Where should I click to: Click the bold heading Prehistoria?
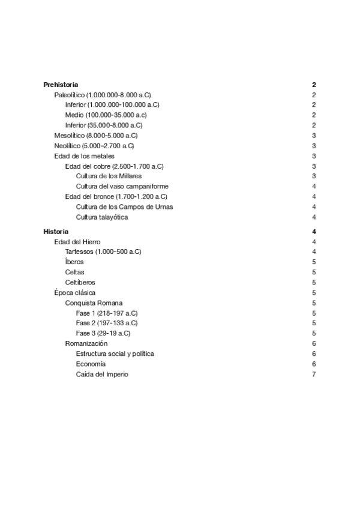coord(61,85)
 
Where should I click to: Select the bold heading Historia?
coord(56,232)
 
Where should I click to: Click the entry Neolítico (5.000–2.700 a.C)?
coord(94,146)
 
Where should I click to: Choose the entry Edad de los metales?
coord(85,156)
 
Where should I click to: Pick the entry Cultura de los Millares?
coord(109,176)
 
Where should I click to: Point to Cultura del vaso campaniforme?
coord(122,186)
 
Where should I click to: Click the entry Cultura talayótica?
coord(101,217)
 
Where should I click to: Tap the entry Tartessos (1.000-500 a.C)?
coord(103,251)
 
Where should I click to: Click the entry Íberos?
coord(75,262)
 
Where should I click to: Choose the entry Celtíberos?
coord(80,283)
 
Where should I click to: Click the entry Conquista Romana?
coord(94,303)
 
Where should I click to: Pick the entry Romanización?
coord(86,343)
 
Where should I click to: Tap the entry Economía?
coord(91,364)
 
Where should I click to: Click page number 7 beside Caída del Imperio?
coord(314,375)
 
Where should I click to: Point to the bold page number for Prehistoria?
coord(314,85)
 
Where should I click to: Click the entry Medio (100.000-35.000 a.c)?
coord(106,115)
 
